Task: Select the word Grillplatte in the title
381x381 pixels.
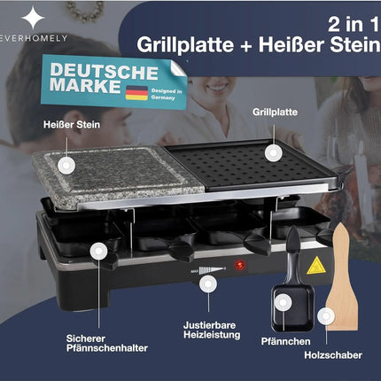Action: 180,42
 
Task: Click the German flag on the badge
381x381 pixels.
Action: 136,93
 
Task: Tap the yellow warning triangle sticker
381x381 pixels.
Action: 311,264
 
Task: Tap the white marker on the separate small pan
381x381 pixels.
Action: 280,303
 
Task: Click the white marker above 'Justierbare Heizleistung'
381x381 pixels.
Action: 208,284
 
